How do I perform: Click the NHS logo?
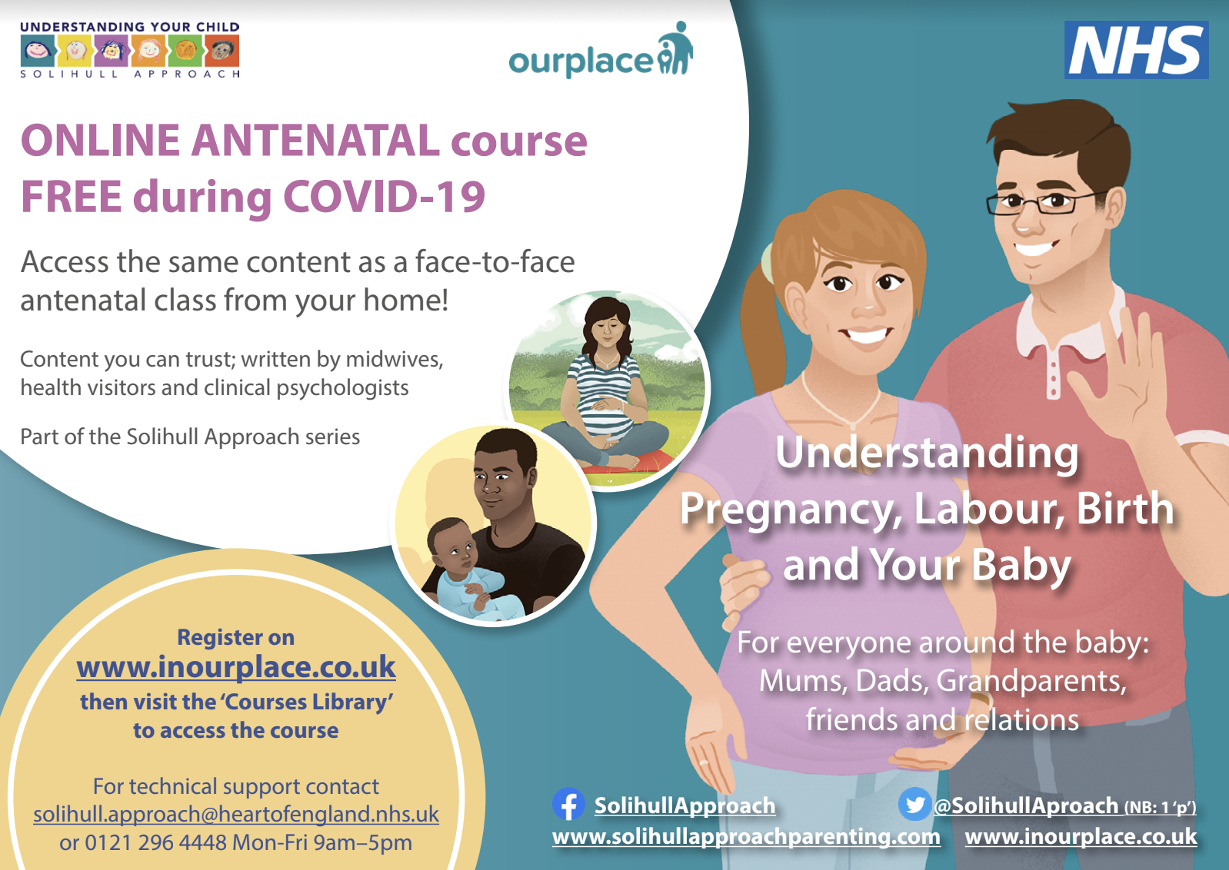pyautogui.click(x=1136, y=50)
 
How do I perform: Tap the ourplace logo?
pyautogui.click(x=601, y=50)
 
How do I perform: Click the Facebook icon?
pyautogui.click(x=568, y=804)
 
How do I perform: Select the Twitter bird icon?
pyautogui.click(x=914, y=804)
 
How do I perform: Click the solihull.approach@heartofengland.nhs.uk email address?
pyautogui.click(x=236, y=815)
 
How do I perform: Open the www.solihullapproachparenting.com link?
pyautogui.click(x=746, y=836)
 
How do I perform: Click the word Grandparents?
pyautogui.click(x=1031, y=682)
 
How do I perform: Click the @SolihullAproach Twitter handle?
pyautogui.click(x=1026, y=805)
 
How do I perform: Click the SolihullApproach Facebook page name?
pyautogui.click(x=684, y=806)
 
